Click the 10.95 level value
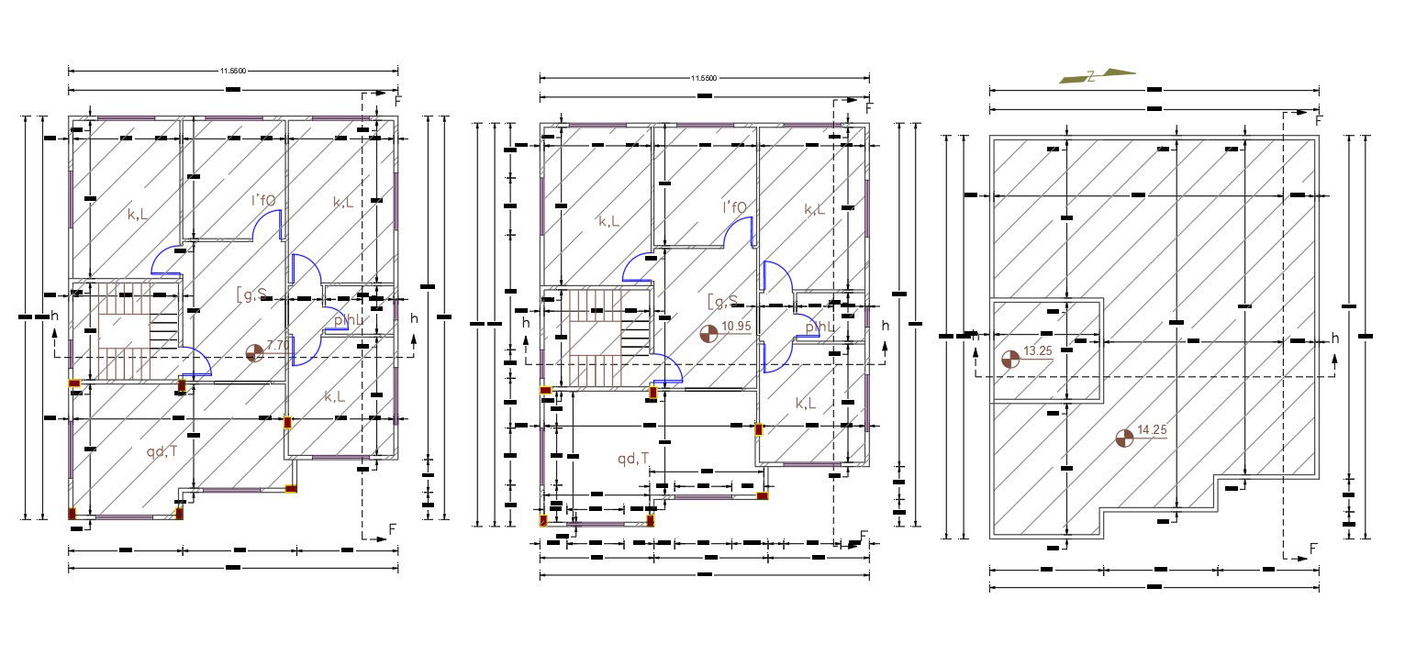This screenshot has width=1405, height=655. coord(737,326)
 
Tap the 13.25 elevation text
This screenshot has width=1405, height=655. coord(1037,351)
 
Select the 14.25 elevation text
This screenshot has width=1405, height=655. coord(1151,430)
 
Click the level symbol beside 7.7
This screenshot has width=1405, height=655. coord(255,350)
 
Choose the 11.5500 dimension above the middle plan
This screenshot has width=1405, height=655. coord(704,78)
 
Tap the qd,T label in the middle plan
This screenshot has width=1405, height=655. coord(633,459)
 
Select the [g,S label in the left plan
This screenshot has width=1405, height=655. coord(251,294)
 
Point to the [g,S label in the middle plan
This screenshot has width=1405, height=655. coord(723,301)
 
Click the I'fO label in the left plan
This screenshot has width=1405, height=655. coord(264,200)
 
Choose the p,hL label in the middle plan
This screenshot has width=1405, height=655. coord(821,327)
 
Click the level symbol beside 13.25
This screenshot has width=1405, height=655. coord(1010,360)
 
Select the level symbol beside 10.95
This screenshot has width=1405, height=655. coord(708,335)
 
